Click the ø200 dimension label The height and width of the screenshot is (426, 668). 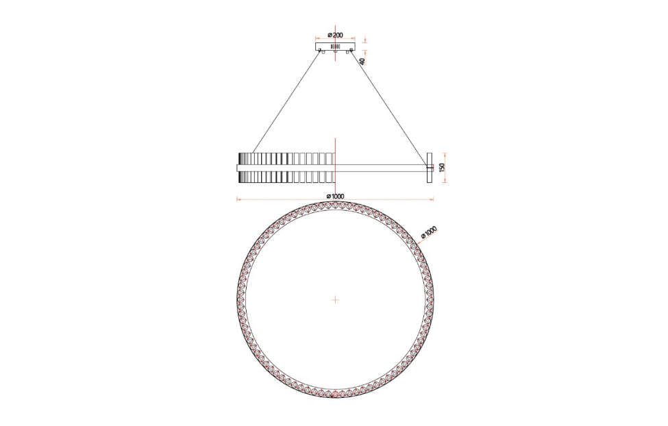(x=335, y=35)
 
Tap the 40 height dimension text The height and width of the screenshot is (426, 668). (x=362, y=61)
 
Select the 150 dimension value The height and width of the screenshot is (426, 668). (x=441, y=168)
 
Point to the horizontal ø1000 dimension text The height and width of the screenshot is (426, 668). (x=335, y=196)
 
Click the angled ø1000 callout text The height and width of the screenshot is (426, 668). (x=429, y=233)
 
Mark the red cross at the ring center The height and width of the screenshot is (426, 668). (x=335, y=300)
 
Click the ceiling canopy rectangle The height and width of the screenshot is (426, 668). (x=335, y=46)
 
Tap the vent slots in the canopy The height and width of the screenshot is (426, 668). (x=335, y=46)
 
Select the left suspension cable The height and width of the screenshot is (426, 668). (x=286, y=101)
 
